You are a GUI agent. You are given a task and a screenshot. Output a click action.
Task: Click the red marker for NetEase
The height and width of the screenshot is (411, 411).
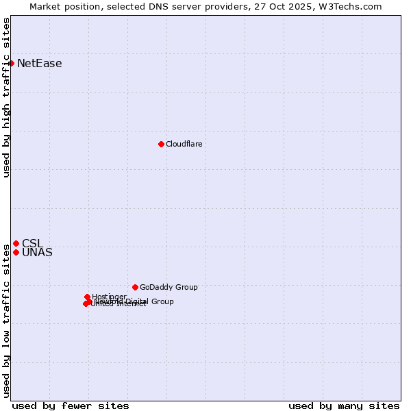[11, 64]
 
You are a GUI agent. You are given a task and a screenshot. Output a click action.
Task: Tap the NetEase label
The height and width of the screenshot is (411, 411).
[39, 64]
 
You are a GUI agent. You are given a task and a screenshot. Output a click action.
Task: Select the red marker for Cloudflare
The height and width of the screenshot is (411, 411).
[161, 144]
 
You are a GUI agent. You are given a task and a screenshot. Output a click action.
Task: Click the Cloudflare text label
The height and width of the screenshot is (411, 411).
[184, 144]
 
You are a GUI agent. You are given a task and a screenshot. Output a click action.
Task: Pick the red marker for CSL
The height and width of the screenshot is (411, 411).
[16, 243]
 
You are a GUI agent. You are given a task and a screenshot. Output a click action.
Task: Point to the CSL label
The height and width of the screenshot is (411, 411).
[32, 243]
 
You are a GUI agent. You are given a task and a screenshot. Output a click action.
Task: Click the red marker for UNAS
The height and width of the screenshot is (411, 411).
[16, 252]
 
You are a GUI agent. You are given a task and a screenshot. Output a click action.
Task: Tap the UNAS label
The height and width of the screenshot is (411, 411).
[37, 253]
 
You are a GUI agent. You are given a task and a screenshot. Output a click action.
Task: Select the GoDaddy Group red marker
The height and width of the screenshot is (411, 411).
[135, 287]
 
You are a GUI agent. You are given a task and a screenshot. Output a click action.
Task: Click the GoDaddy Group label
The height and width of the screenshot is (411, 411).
[168, 287]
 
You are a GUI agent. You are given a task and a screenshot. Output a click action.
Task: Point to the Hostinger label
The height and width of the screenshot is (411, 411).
[109, 297]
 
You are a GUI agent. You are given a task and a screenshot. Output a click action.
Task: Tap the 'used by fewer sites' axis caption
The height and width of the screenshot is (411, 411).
[71, 406]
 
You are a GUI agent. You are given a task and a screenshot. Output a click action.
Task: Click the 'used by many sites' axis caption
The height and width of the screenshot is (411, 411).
[344, 406]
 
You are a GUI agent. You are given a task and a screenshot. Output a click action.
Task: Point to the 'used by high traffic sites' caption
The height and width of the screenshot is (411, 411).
[6, 97]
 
